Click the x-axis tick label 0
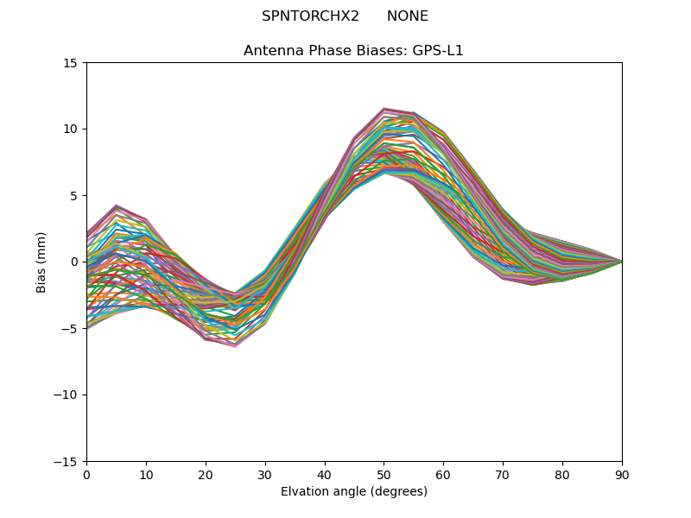(86, 475)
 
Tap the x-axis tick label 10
(146, 475)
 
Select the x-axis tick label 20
(206, 475)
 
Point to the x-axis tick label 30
(265, 475)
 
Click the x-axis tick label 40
(325, 475)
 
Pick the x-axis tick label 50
(384, 475)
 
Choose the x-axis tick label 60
(443, 475)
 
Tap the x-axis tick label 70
(503, 475)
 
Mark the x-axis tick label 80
(562, 475)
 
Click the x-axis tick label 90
(622, 475)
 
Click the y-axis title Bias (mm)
(41, 262)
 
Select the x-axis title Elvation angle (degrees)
(354, 492)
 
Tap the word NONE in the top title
(408, 16)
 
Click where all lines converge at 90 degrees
(621, 262)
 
